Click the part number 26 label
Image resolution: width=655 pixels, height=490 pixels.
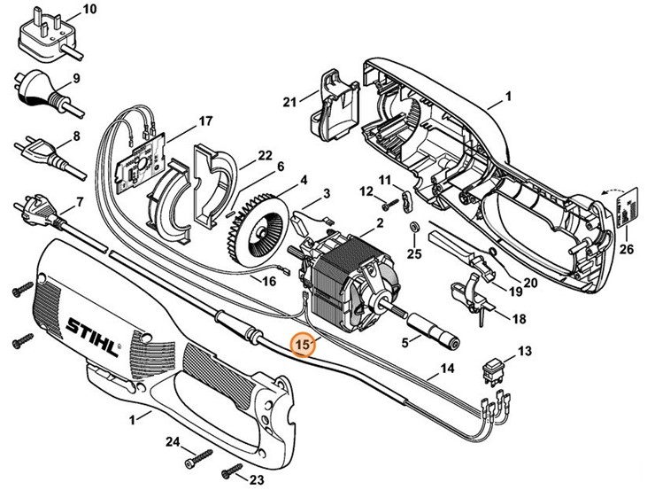628,249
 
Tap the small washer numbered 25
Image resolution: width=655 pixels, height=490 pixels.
413,229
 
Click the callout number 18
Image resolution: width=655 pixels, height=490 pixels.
519,318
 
